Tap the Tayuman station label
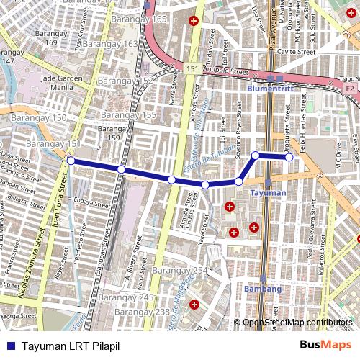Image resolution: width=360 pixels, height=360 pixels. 269,193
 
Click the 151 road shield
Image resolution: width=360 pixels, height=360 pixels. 192,68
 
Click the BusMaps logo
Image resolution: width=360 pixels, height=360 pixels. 326,346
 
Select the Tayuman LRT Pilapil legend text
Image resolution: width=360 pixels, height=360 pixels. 70,346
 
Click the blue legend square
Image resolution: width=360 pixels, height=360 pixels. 9,346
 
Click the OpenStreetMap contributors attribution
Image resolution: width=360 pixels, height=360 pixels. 297,322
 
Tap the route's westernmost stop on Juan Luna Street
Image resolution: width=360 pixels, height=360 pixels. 71,161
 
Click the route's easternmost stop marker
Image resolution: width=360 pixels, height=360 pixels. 289,157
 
